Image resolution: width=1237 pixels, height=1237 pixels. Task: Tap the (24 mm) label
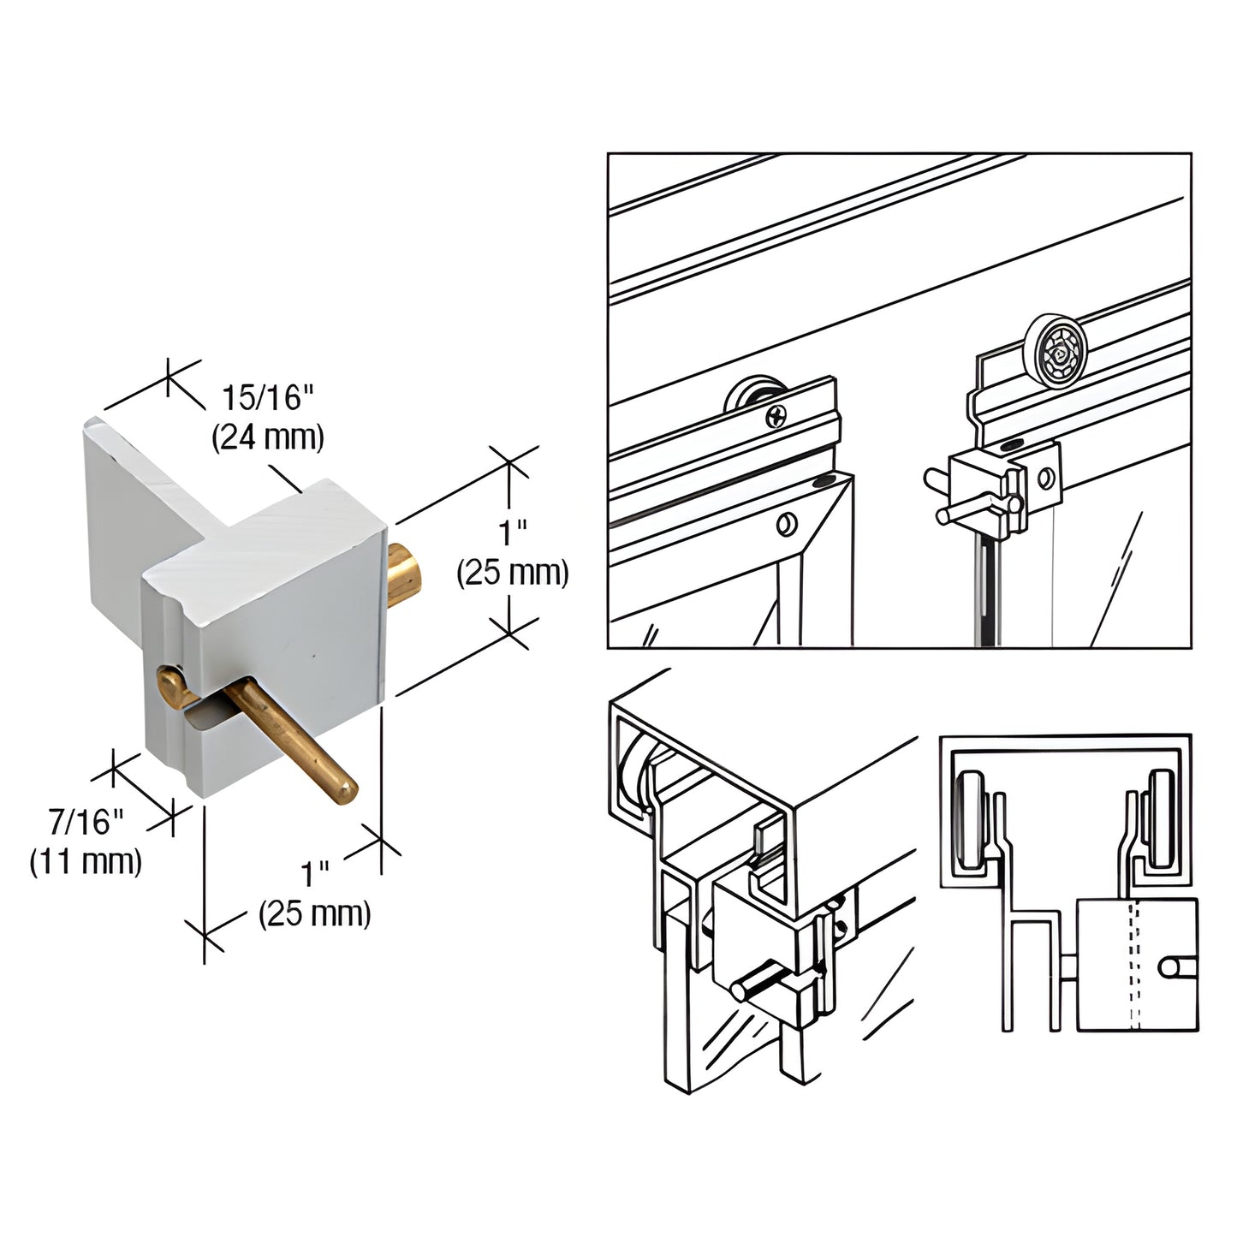click(x=267, y=437)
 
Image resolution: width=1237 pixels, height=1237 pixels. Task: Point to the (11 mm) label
click(x=86, y=861)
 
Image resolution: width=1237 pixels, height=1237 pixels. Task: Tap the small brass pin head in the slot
click(x=170, y=685)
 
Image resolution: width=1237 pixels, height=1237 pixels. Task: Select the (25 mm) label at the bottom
click(x=314, y=913)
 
